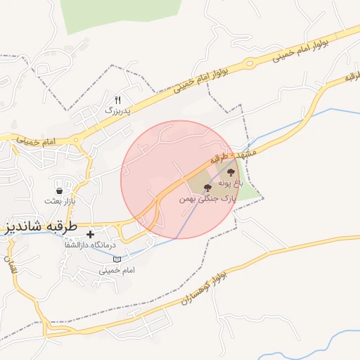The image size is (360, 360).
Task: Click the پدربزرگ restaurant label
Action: coord(119,110)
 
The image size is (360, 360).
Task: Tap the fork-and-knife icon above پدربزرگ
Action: coord(117,100)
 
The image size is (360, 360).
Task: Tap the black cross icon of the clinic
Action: coord(90,233)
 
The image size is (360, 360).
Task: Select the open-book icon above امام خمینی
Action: coord(117,259)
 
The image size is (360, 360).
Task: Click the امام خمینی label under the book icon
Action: coord(117,270)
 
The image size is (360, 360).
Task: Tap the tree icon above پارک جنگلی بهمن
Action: coord(207,188)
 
